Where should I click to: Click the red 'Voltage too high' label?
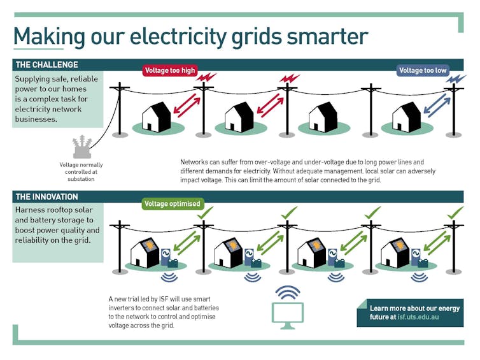[x=170, y=70]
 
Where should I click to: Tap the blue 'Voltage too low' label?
[x=423, y=70]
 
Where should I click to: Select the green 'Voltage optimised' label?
[x=173, y=204]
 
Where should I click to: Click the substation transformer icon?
[x=81, y=147]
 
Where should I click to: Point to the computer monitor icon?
[x=288, y=313]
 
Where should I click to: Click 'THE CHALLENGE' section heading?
[x=47, y=65]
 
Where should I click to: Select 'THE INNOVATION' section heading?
[x=46, y=197]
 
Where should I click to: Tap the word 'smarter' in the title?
[x=327, y=36]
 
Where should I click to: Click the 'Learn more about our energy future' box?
[x=409, y=312]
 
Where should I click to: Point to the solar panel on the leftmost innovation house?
[x=149, y=245]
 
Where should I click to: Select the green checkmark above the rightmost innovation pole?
[x=456, y=212]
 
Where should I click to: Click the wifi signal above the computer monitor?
[x=288, y=292]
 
